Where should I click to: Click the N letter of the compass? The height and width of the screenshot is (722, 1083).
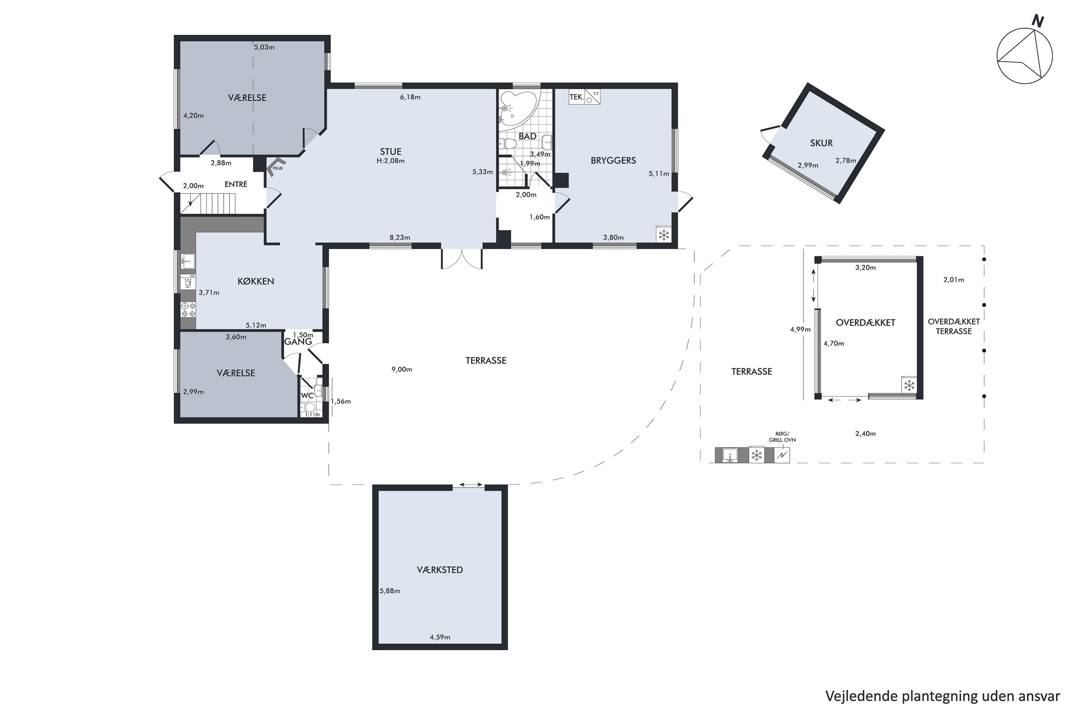1038,21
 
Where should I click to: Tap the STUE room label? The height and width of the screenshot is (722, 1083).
391,152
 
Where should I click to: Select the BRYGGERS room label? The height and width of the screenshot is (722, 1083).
613,160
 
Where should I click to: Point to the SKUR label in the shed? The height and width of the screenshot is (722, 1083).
822,143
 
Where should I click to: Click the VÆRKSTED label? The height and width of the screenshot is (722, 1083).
440,570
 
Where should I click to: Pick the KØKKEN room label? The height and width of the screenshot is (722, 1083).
256,281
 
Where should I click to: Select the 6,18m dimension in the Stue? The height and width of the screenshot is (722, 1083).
410,97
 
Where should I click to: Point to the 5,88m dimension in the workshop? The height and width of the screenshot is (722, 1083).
390,591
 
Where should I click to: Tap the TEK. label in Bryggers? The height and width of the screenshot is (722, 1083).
577,97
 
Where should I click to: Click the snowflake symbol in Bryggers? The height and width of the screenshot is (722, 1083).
664,235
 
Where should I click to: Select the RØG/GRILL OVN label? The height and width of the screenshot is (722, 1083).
782,437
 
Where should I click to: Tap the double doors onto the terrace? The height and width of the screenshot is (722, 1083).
462,259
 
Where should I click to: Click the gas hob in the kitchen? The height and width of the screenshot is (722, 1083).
188,309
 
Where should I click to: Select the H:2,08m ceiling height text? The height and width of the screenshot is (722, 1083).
391,161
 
